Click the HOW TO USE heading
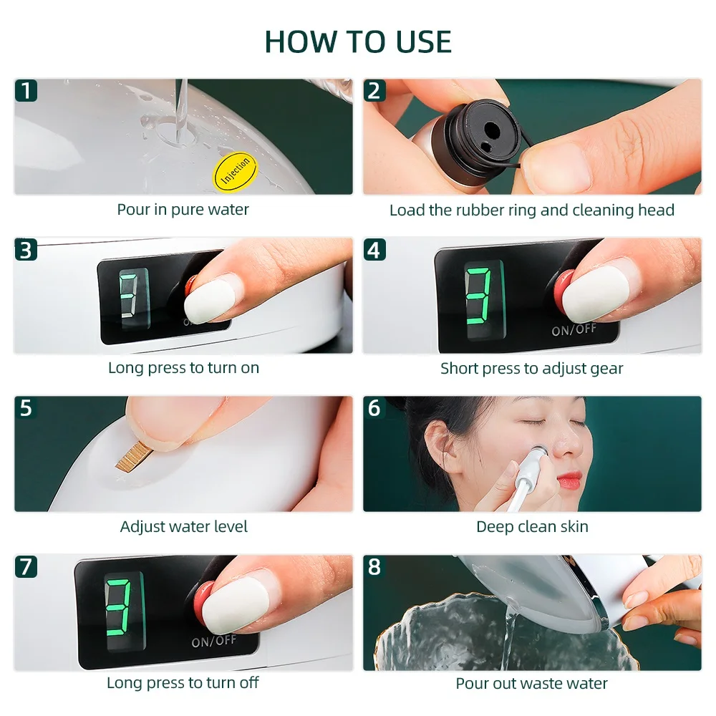click(358, 42)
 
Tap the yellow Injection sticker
click(235, 170)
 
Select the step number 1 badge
click(26, 90)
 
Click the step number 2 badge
click(374, 90)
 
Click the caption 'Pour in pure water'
click(183, 210)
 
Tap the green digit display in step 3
click(134, 298)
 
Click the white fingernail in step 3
click(210, 301)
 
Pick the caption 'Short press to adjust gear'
click(531, 369)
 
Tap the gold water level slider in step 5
click(130, 457)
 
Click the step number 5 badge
click(26, 407)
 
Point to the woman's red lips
click(569, 481)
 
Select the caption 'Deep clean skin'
click(532, 527)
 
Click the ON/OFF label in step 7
click(213, 641)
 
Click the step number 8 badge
click(374, 566)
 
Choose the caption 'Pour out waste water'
click(531, 684)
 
